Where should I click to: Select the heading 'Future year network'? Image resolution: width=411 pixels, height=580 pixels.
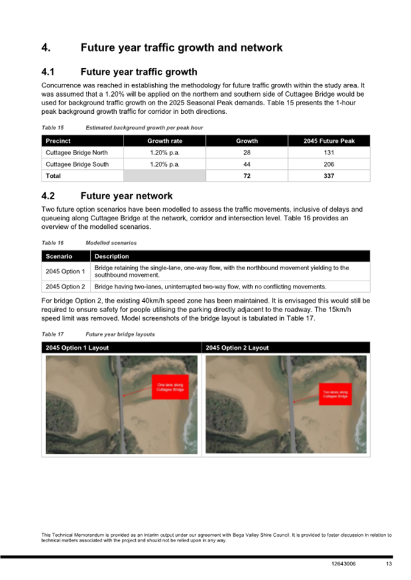[x=126, y=196]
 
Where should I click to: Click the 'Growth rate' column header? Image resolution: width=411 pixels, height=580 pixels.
[x=164, y=141]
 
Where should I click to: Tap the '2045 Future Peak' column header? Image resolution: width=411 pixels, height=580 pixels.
[x=329, y=141]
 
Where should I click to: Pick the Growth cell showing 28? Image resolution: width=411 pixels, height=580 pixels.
[x=247, y=153]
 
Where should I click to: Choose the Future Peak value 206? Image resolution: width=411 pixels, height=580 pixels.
[x=329, y=164]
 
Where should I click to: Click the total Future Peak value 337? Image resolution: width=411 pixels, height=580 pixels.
[x=329, y=176]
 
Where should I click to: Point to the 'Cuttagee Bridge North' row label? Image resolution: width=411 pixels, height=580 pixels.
[x=77, y=153]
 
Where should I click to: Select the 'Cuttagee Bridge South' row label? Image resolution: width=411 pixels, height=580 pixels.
[x=77, y=164]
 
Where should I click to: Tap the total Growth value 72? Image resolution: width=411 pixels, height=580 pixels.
[x=247, y=176]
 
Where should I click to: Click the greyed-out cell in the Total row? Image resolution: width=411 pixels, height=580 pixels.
[x=164, y=176]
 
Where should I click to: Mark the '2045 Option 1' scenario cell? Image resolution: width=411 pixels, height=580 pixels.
[x=65, y=271]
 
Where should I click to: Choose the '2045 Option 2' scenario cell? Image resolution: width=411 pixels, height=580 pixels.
[x=65, y=287]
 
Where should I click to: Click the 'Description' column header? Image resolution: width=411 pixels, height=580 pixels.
[x=112, y=256]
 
